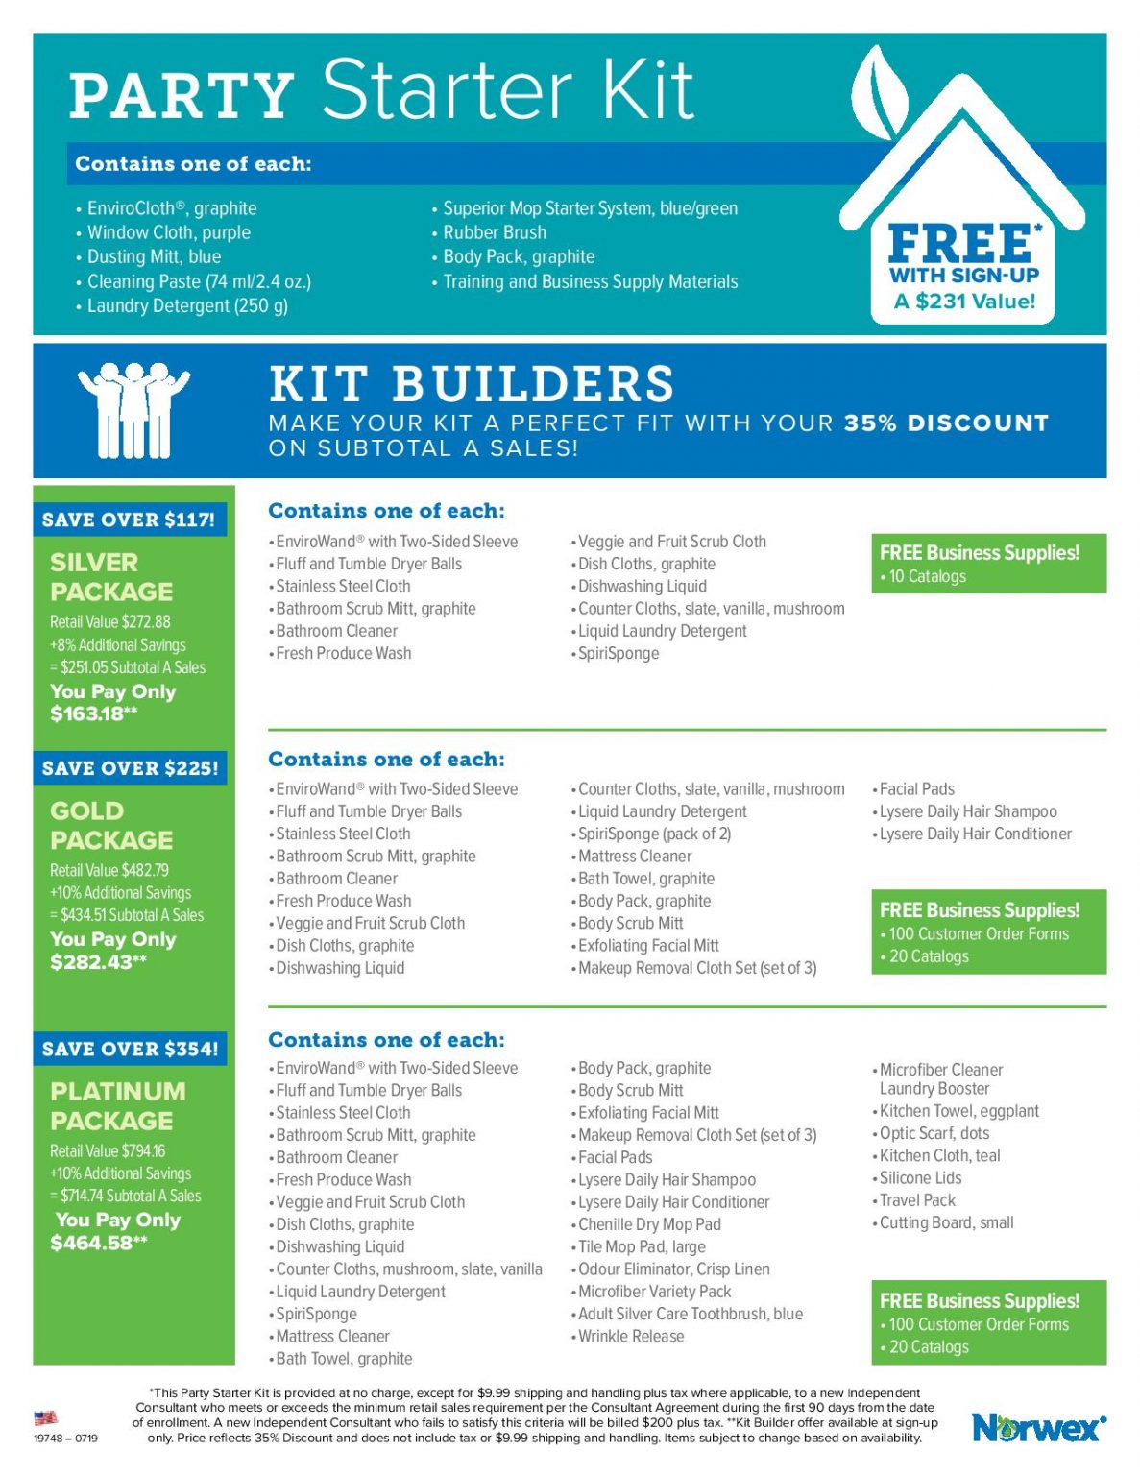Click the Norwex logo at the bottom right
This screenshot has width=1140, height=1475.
(1038, 1428)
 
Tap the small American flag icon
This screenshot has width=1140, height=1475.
(45, 1417)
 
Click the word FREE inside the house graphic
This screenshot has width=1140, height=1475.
(961, 244)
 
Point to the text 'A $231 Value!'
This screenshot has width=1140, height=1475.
(964, 302)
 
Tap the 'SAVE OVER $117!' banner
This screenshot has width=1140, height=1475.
(129, 520)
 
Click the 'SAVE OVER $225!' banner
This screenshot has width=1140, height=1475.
(130, 768)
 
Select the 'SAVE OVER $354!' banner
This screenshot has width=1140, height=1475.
(130, 1049)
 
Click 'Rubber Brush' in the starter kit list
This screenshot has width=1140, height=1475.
(494, 232)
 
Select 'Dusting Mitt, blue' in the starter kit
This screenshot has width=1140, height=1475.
(154, 256)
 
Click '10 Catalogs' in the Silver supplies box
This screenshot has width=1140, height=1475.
(927, 576)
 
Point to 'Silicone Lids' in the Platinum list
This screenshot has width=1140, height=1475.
(920, 1178)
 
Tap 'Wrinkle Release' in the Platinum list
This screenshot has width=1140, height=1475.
(631, 1336)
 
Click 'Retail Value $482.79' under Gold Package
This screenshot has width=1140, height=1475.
(109, 870)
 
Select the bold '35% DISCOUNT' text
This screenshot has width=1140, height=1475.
(946, 423)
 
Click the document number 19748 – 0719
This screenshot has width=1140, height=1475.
(65, 1438)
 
